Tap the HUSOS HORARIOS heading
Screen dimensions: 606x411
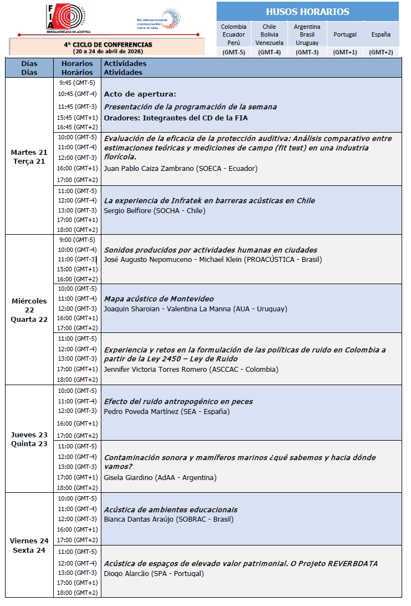click(307, 12)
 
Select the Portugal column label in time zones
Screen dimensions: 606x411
click(345, 34)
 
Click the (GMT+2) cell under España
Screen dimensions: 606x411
click(381, 52)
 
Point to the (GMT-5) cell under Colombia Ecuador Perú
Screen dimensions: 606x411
click(234, 52)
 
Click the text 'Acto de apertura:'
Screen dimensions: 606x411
click(140, 94)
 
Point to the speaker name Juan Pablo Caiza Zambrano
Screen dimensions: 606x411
click(149, 168)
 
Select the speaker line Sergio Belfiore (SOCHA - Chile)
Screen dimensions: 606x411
click(155, 210)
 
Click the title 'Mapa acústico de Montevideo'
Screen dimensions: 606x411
click(159, 299)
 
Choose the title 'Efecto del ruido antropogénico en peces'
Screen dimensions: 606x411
click(178, 401)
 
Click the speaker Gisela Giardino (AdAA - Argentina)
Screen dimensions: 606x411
click(160, 477)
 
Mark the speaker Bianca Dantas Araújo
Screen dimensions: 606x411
click(139, 519)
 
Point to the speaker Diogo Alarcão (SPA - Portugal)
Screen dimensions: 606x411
click(154, 573)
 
